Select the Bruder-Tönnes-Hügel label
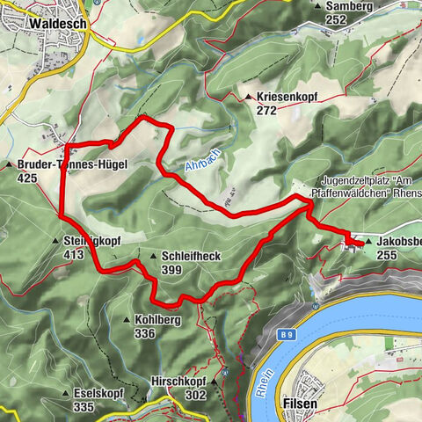[73, 164]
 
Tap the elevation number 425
[27, 178]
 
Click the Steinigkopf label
[92, 240]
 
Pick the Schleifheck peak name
[191, 256]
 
